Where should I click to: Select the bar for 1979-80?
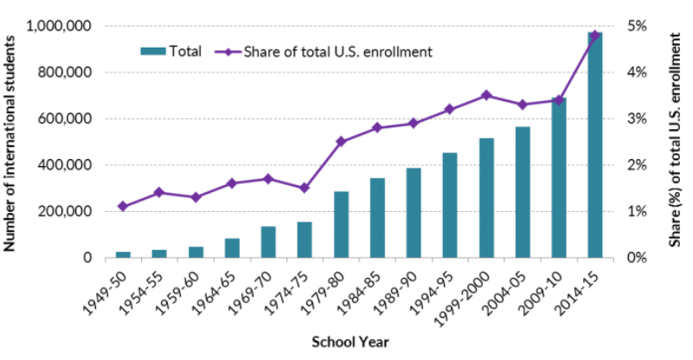[341, 225]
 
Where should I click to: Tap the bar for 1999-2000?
[486, 198]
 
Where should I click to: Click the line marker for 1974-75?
[305, 188]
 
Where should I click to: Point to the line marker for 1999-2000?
[486, 95]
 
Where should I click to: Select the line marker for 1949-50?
[123, 206]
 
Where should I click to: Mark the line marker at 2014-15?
[595, 35]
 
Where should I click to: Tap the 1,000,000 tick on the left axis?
[60, 26]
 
